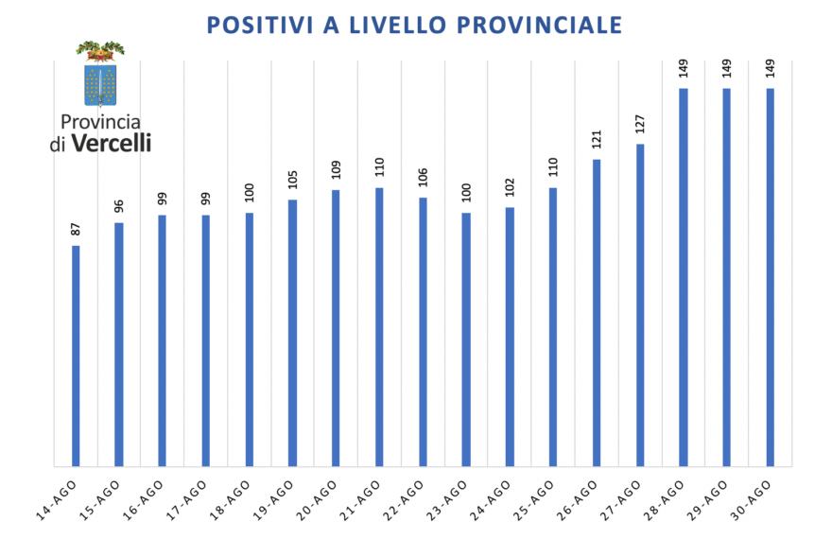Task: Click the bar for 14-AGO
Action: (x=76, y=356)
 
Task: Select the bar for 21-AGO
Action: (x=379, y=327)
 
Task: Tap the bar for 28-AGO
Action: (x=684, y=277)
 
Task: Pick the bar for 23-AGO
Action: (x=466, y=339)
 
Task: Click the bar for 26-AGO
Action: (x=597, y=313)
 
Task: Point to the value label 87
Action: (x=76, y=229)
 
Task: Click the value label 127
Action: (x=640, y=124)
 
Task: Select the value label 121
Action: (x=597, y=140)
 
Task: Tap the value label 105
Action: (x=293, y=180)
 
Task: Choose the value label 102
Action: (x=510, y=187)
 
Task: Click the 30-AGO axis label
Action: (x=751, y=500)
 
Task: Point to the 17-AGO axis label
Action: (x=186, y=500)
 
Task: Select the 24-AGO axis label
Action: (x=491, y=500)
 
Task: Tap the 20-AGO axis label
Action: (x=317, y=500)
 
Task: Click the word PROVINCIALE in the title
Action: (x=539, y=25)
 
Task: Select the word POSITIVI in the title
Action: (x=260, y=25)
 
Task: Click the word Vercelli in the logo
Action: (x=111, y=143)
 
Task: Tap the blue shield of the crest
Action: (x=100, y=85)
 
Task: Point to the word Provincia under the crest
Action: (x=100, y=122)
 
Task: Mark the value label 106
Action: (x=423, y=178)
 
